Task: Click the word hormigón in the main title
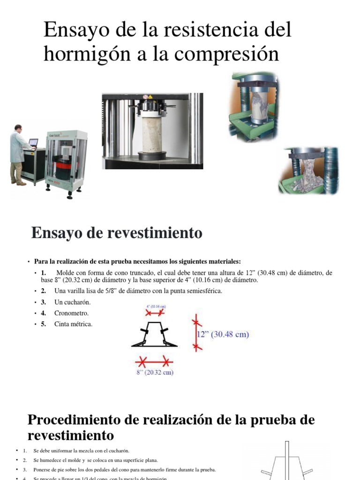[x=89, y=54]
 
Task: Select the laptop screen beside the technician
[x=33, y=142]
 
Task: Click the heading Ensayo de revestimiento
[x=117, y=233]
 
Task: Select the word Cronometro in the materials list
[x=71, y=313]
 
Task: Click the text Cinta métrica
[x=74, y=324]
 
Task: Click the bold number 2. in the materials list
[x=43, y=291]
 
